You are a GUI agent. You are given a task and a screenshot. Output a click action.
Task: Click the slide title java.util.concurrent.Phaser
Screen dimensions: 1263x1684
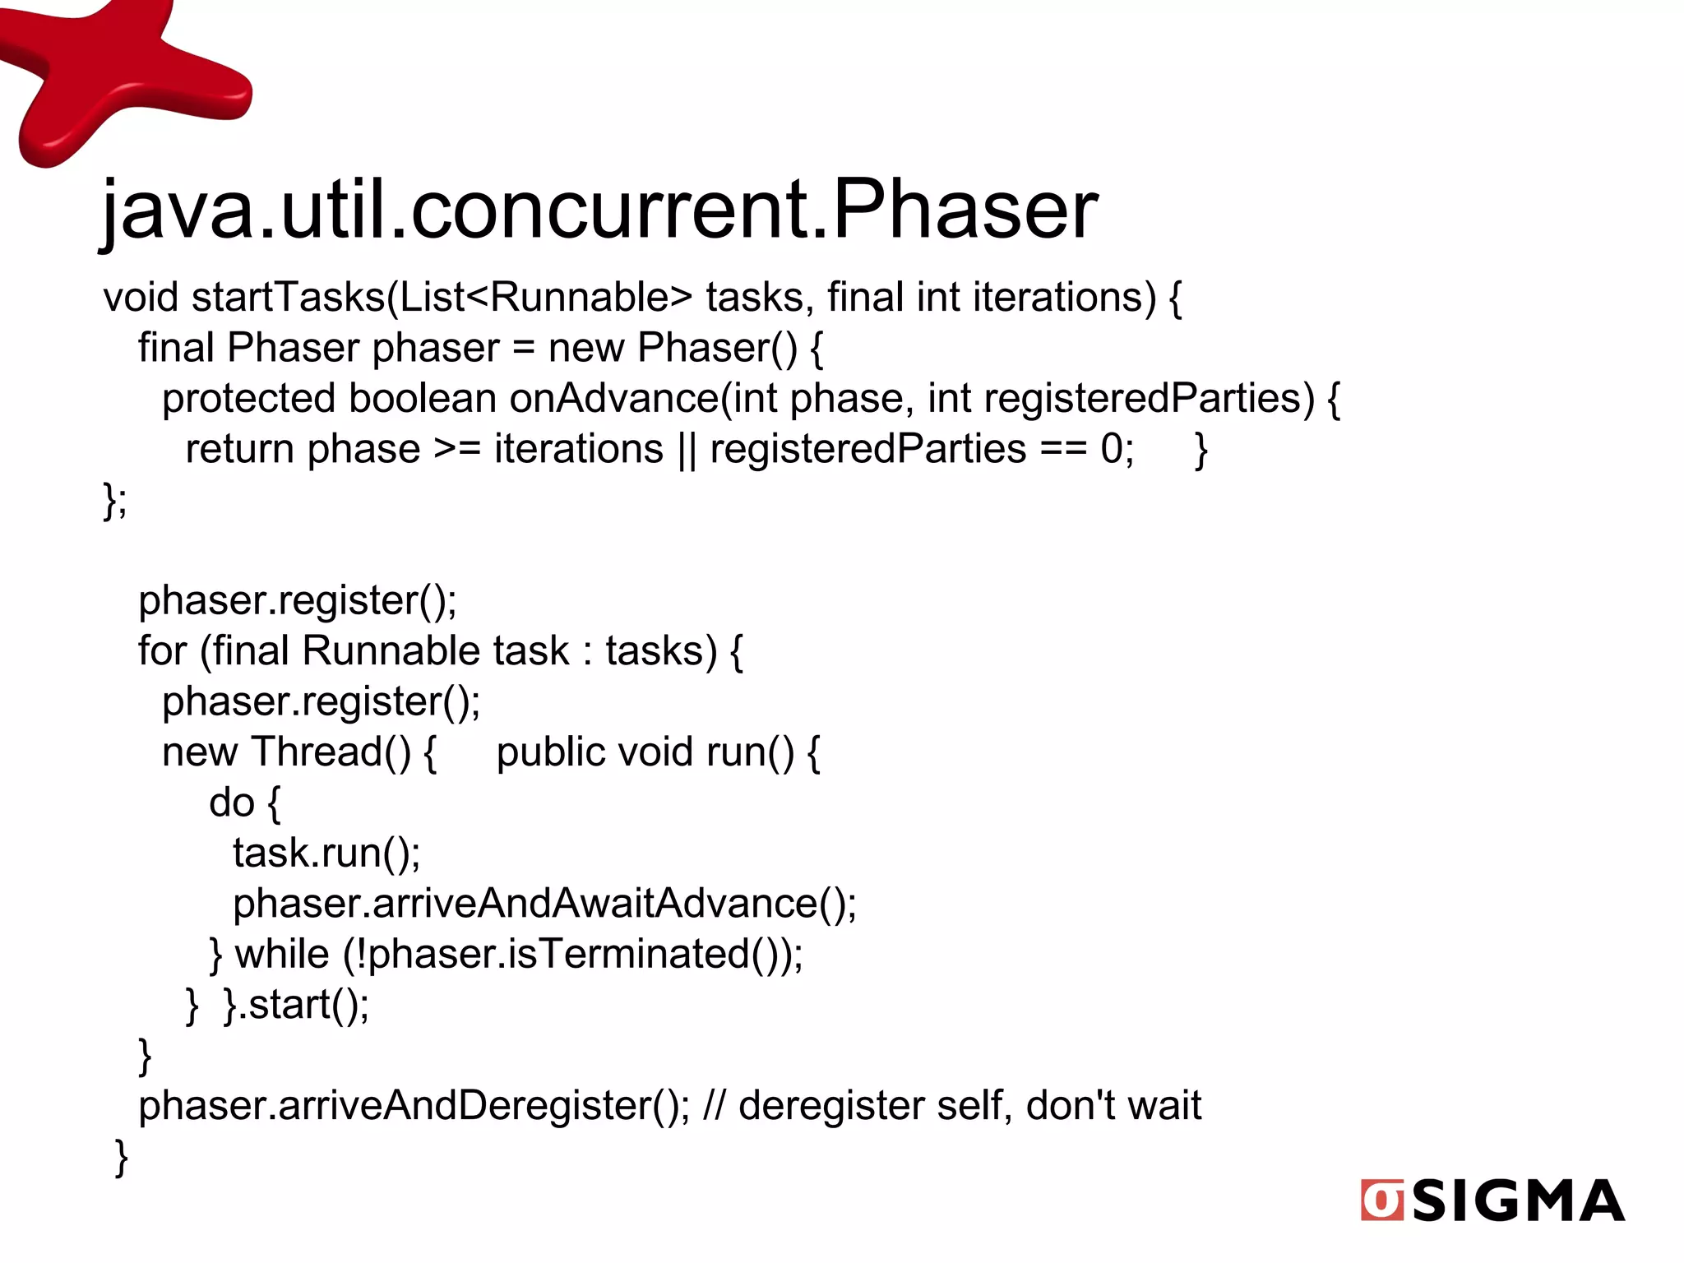click(x=599, y=210)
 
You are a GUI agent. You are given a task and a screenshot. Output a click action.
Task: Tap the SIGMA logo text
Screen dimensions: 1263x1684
click(x=1518, y=1201)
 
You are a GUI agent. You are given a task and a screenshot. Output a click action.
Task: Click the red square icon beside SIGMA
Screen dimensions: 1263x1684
click(x=1382, y=1201)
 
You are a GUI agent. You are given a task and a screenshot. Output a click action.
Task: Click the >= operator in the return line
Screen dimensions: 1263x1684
click(x=456, y=450)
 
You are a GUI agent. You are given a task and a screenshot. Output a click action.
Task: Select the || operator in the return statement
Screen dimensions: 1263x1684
click(x=687, y=451)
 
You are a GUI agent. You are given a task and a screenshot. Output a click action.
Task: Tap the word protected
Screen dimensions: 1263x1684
click(x=248, y=399)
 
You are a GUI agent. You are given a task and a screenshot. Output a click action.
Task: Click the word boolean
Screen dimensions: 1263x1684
click(x=422, y=399)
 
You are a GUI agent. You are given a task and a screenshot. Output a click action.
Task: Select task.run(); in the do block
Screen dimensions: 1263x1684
click(x=326, y=854)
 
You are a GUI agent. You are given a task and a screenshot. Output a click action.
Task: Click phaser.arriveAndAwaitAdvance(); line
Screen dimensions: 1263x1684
click(x=544, y=904)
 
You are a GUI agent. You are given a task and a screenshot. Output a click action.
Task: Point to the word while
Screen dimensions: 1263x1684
click(x=282, y=955)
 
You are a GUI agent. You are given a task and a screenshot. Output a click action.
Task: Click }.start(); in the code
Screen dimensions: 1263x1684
click(x=296, y=1006)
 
